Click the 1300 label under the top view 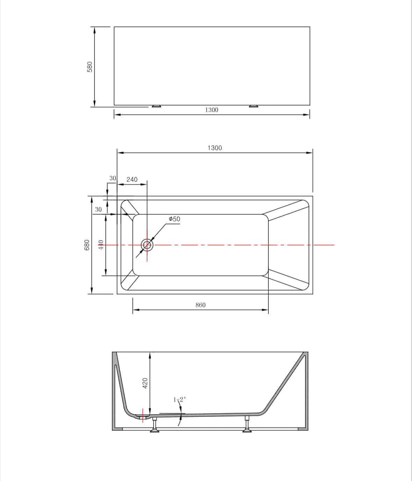coord(211,110)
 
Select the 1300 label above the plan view coord(215,148)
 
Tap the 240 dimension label coord(132,179)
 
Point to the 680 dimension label coord(87,245)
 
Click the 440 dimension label coord(101,245)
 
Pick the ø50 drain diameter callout coord(174,219)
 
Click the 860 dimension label coord(201,305)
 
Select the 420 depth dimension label coord(145,383)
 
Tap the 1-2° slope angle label coord(180,399)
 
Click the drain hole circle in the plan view coord(147,245)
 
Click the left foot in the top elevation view coord(156,106)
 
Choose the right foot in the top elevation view coord(254,106)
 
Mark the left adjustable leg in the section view coord(154,425)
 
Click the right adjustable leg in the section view coord(247,425)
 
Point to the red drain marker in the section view coord(143,415)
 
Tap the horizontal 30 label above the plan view coord(113,178)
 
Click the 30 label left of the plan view coord(98,210)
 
